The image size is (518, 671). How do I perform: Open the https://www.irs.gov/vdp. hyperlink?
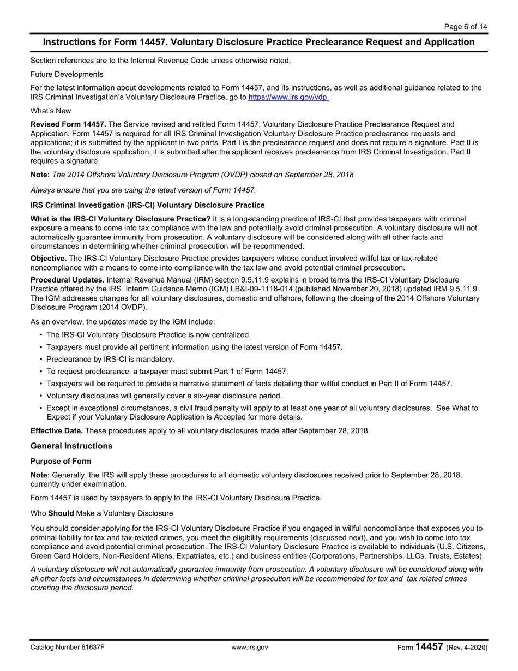pos(288,98)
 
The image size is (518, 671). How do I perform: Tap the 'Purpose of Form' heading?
pos(61,461)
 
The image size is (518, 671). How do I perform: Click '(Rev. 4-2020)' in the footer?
pos(466,648)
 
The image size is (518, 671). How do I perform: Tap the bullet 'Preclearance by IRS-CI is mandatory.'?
pos(110,359)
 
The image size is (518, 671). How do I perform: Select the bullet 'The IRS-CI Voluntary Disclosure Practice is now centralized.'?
pos(148,335)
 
